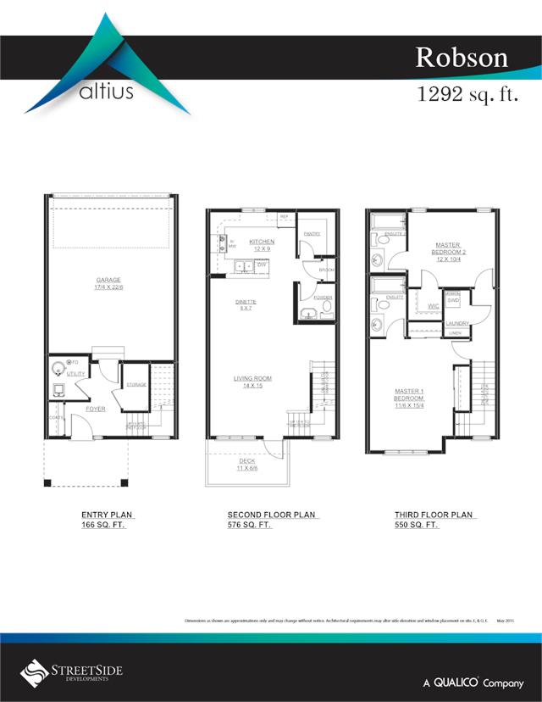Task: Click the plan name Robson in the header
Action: (461, 57)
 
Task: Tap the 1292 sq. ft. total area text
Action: (467, 94)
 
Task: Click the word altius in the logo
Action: (105, 91)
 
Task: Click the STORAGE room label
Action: (135, 385)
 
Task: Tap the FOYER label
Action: (95, 409)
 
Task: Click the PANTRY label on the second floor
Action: (312, 233)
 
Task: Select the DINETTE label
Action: (246, 304)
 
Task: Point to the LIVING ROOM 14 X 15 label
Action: (252, 382)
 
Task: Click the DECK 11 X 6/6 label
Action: (246, 465)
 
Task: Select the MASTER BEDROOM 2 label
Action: (447, 249)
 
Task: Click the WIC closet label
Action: (432, 306)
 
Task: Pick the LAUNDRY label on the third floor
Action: (457, 323)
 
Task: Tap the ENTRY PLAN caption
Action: (108, 515)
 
